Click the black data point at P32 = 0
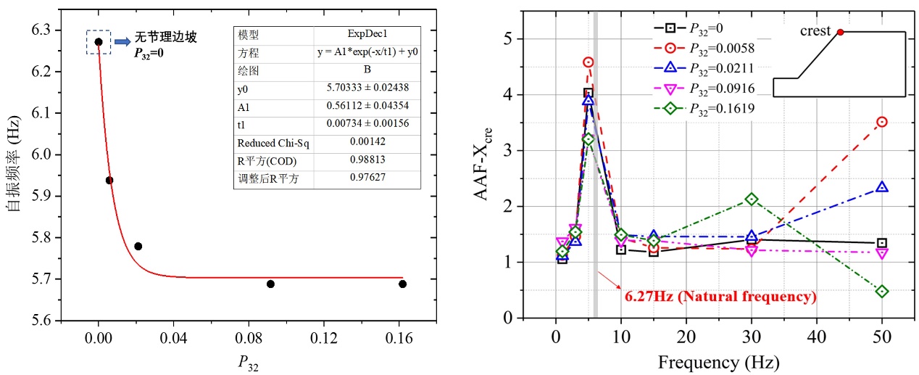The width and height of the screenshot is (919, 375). click(x=99, y=41)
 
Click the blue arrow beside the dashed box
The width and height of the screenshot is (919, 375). click(x=122, y=41)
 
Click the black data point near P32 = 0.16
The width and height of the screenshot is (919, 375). click(x=402, y=284)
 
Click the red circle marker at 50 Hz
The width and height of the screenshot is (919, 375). click(x=882, y=122)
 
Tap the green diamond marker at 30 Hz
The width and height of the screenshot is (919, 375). click(x=752, y=199)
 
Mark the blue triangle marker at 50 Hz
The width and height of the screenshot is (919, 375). click(x=882, y=187)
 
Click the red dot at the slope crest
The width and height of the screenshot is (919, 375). click(x=840, y=32)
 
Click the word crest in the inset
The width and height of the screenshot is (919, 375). click(x=815, y=31)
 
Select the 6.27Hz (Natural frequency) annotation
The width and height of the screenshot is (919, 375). click(x=720, y=296)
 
